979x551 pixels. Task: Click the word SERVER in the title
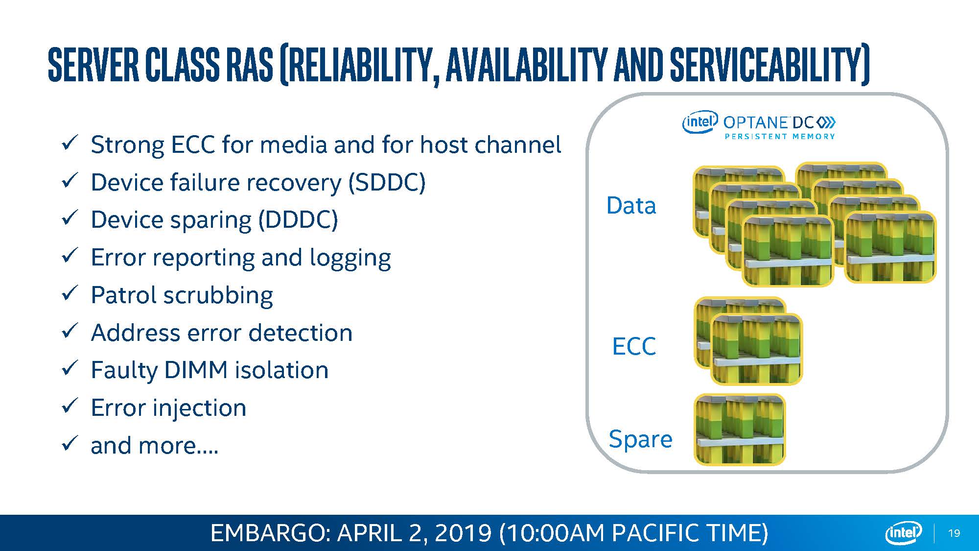coord(93,64)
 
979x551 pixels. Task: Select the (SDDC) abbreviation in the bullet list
coord(387,183)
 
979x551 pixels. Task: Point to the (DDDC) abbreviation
coord(298,220)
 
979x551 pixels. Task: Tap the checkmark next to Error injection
coord(70,406)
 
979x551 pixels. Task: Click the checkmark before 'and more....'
coord(70,443)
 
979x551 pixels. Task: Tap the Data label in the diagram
coord(631,206)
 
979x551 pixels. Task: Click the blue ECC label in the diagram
coord(634,346)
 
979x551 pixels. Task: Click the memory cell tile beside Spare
coord(740,430)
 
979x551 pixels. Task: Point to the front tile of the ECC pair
coord(756,349)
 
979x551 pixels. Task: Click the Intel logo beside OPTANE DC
coord(700,121)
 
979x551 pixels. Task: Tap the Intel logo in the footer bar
coord(904,533)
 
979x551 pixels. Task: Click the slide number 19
coord(954,533)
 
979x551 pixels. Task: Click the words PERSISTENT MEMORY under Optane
coord(780,137)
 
